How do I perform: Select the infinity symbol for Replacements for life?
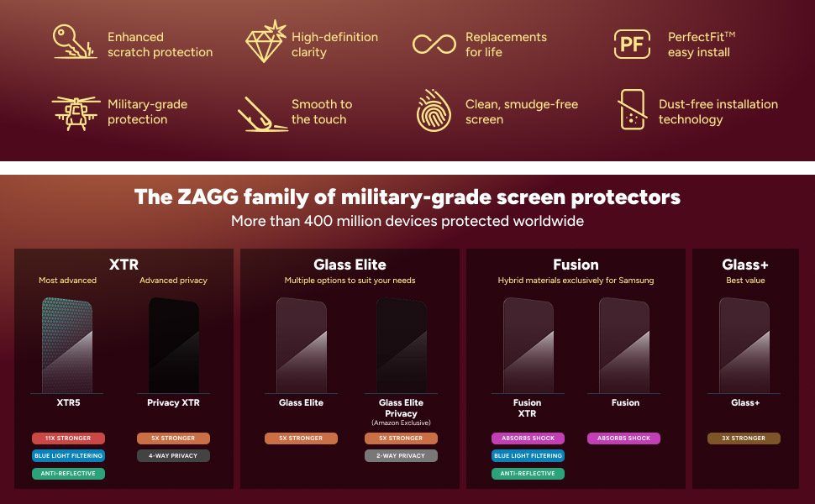pos(434,44)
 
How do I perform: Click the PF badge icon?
pos(633,45)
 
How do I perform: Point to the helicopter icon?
pos(75,112)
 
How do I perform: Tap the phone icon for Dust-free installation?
pos(632,110)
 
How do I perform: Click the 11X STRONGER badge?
pos(68,438)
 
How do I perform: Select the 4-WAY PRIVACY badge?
pos(173,456)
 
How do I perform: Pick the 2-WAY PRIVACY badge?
pos(401,456)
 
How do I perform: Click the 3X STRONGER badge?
pos(744,438)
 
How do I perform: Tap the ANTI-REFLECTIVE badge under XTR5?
pos(68,474)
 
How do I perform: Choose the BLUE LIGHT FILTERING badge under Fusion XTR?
pos(528,456)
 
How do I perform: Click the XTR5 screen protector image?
pos(68,344)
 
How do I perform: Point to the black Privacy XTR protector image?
pos(173,344)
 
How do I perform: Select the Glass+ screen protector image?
pos(744,344)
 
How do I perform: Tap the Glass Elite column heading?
pos(350,265)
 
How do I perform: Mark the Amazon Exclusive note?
pos(401,422)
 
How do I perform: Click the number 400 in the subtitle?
pos(326,222)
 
